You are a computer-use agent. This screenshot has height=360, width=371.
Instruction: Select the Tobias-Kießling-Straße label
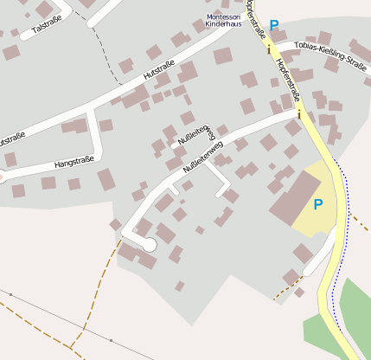click(329, 53)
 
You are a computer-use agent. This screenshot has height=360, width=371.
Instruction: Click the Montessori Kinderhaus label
click(224, 21)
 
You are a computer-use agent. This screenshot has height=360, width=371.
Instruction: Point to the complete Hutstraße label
click(158, 75)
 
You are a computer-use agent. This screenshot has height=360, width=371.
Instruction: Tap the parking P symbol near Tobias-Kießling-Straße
click(274, 26)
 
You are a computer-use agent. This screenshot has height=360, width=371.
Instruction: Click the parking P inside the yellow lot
click(317, 204)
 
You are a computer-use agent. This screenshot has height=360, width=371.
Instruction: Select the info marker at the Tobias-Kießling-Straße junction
click(268, 49)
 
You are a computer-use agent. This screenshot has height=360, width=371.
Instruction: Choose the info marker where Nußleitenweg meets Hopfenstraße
click(299, 113)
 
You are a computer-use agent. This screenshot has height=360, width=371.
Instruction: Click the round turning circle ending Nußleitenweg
click(149, 245)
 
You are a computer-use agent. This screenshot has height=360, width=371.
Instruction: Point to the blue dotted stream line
click(347, 216)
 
